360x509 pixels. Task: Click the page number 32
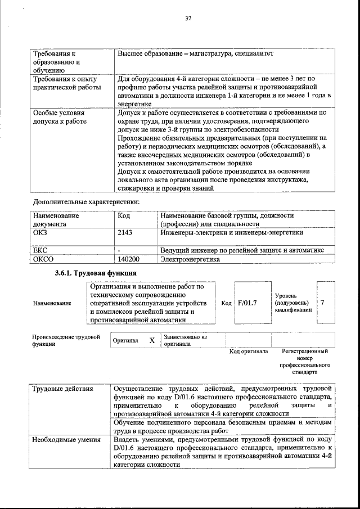pos(188,19)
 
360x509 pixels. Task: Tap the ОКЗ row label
pos(40,232)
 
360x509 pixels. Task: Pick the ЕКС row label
pos(40,250)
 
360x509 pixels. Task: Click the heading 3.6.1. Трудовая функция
pos(88,273)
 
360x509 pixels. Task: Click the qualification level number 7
pos(323,303)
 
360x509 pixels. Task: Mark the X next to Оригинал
pos(152,341)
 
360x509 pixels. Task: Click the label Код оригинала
pos(248,352)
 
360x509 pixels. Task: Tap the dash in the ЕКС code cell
pos(119,250)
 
